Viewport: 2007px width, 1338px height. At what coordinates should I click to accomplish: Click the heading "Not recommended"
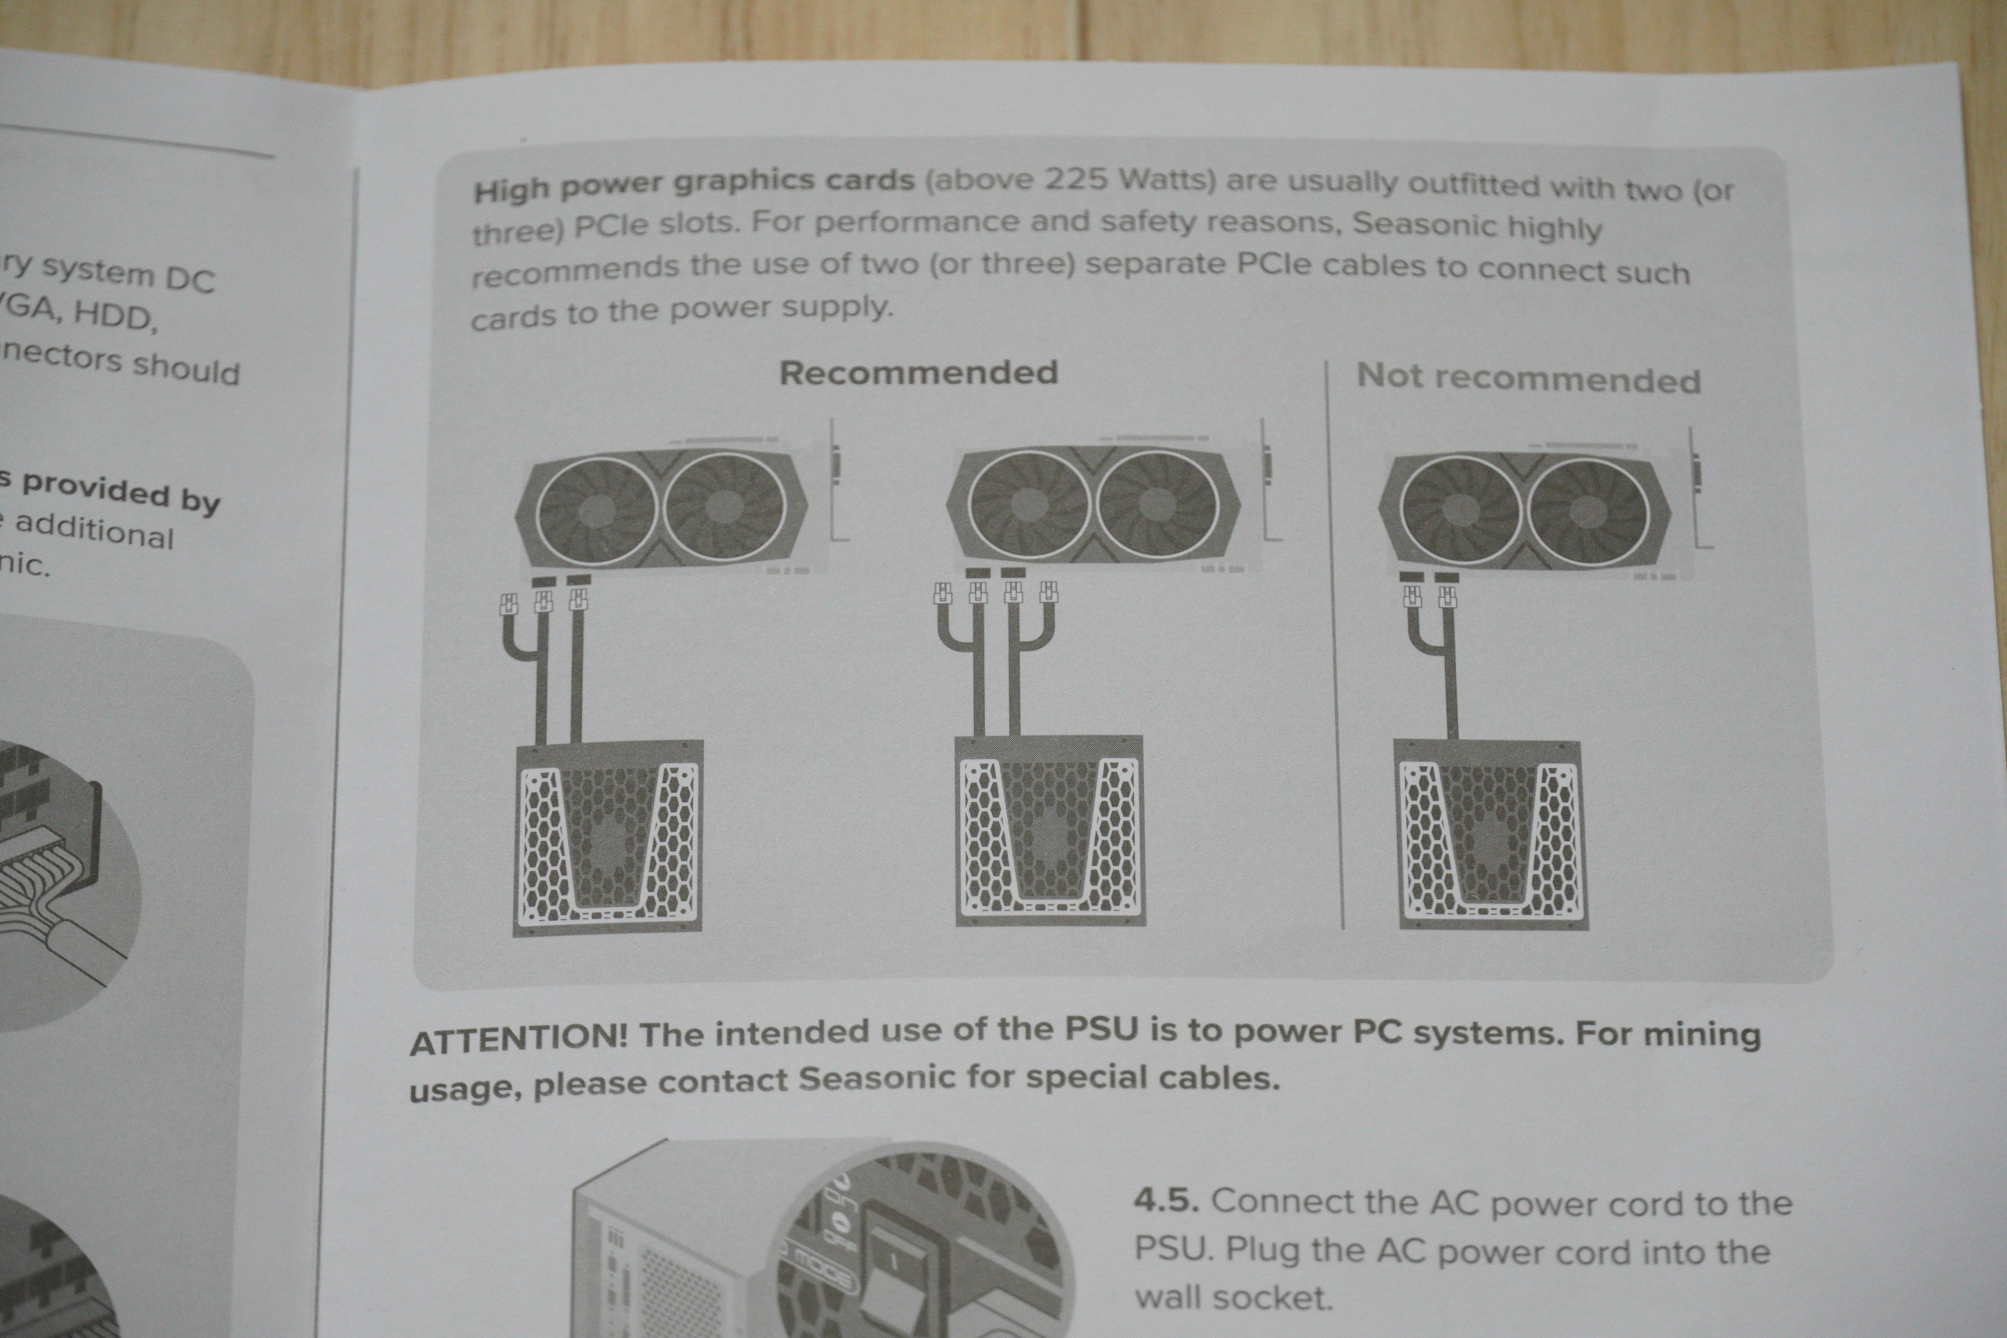tap(1528, 378)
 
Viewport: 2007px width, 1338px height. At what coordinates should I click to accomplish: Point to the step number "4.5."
tap(1166, 1201)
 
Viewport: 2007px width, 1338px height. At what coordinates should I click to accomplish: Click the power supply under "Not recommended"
tap(1491, 835)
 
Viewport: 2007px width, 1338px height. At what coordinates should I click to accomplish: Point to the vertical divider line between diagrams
tap(1335, 649)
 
